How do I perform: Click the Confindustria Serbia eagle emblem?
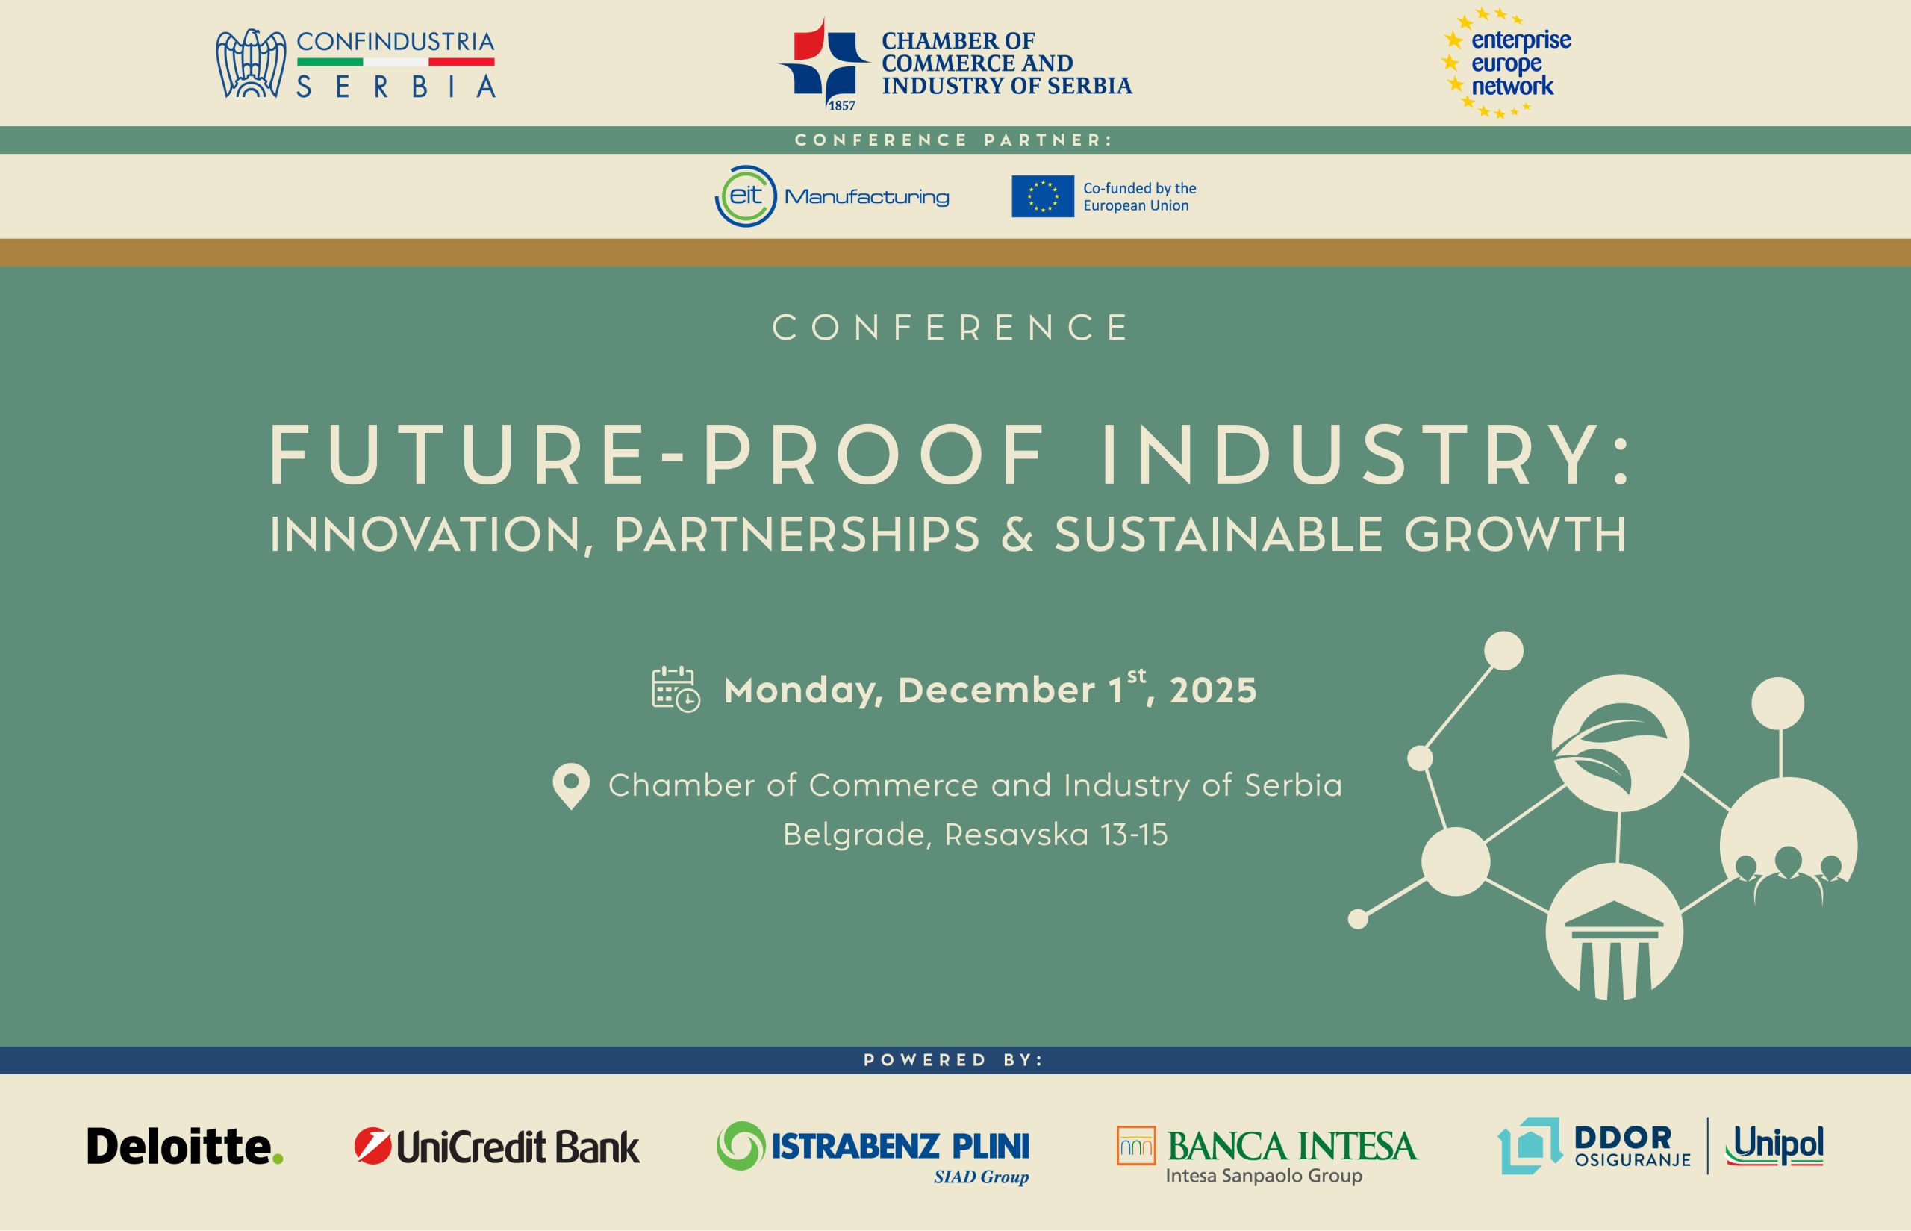coord(251,63)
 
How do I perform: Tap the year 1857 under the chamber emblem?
coord(841,105)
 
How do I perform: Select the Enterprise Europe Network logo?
coord(1506,63)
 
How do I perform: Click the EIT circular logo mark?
coord(746,196)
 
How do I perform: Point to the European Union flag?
coord(1042,196)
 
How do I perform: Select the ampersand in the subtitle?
coord(1017,535)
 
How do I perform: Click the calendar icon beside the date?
coord(676,688)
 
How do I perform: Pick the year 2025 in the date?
coord(1213,691)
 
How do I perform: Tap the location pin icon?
coord(572,787)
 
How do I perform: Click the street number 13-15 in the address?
coord(1134,835)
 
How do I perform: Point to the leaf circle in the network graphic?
coord(1620,744)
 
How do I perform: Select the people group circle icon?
coord(1789,846)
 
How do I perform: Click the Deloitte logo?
coord(185,1146)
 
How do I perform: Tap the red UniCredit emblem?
coord(372,1146)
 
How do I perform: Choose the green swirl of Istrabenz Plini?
coord(741,1145)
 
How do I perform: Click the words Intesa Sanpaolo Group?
coord(1264,1176)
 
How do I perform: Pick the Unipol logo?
coord(1774,1146)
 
